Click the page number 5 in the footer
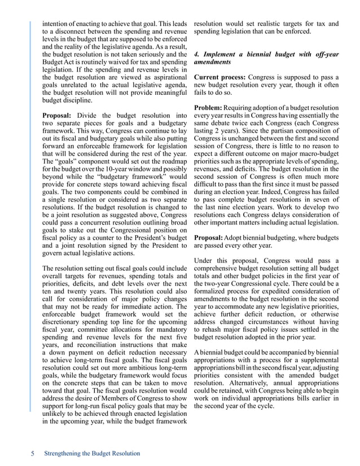coord(33,454)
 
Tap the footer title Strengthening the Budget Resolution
coord(91,454)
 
